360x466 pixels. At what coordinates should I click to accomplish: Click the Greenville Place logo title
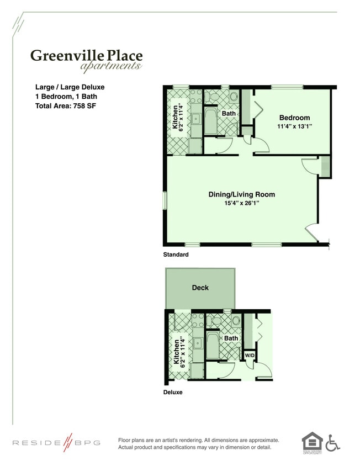(x=86, y=55)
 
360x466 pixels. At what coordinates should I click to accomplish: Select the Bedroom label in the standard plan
(x=294, y=118)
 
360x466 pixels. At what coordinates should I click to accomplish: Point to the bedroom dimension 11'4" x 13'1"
(x=295, y=126)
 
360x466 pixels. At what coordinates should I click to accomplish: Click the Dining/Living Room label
(x=241, y=194)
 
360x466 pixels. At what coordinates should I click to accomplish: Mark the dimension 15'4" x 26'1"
(x=241, y=203)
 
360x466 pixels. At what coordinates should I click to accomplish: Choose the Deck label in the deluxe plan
(x=200, y=288)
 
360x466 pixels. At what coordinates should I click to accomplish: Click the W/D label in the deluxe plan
(x=250, y=355)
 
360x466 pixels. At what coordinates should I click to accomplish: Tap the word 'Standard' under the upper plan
(x=176, y=255)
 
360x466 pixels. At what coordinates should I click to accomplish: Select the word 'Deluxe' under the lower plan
(x=173, y=393)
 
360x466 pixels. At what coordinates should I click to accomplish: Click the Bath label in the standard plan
(x=229, y=114)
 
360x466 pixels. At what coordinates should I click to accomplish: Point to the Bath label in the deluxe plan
(x=231, y=338)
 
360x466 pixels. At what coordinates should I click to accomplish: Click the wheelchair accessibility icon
(x=332, y=442)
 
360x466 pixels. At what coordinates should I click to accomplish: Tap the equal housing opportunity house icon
(x=311, y=441)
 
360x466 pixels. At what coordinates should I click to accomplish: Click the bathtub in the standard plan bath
(x=211, y=121)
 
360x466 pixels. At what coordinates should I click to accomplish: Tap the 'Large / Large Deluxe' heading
(x=70, y=87)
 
